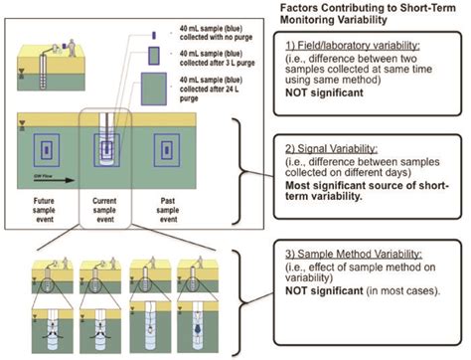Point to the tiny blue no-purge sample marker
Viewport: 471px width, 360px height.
(x=153, y=36)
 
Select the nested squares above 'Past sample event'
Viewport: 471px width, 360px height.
(x=163, y=156)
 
